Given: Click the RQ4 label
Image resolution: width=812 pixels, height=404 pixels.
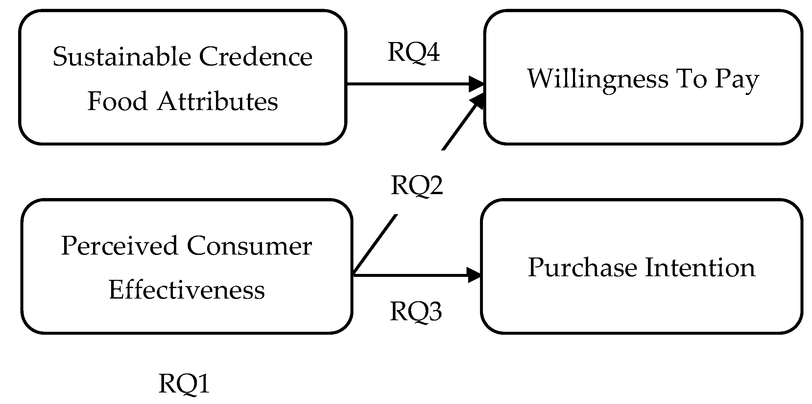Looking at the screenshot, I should (x=413, y=52).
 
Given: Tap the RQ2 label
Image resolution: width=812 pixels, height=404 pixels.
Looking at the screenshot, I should (x=417, y=186).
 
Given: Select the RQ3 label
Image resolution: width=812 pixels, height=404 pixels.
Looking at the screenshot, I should (x=416, y=311).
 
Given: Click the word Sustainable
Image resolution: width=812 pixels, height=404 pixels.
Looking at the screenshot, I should (x=122, y=57).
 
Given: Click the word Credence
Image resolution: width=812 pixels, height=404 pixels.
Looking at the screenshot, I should (x=255, y=57).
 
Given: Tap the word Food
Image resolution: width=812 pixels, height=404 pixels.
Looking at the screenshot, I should (x=117, y=101).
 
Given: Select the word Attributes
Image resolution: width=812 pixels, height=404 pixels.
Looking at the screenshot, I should (x=217, y=101).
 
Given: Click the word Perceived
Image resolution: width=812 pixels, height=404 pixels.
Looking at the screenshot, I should (x=120, y=246).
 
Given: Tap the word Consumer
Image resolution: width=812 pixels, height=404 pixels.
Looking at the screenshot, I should (x=249, y=246).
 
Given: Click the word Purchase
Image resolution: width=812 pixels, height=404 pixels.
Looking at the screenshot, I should (x=582, y=268).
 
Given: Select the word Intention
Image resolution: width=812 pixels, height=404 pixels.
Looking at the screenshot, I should (x=700, y=268).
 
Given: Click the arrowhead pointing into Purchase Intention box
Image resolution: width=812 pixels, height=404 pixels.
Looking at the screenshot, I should (x=474, y=275).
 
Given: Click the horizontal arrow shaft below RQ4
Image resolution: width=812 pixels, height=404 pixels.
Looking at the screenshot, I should (x=408, y=84).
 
